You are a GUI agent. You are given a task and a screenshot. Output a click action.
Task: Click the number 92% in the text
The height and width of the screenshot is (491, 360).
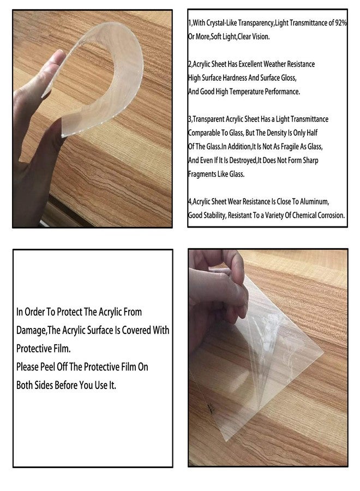coord(341,23)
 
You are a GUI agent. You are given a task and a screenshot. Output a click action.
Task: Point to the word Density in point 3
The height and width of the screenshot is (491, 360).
coord(277,133)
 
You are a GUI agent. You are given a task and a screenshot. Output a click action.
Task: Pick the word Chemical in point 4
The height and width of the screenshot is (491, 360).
coord(304,215)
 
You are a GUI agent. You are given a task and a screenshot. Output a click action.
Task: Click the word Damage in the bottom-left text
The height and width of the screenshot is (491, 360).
coord(31,331)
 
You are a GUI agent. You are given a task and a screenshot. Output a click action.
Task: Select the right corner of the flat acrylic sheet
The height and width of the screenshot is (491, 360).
coord(323,353)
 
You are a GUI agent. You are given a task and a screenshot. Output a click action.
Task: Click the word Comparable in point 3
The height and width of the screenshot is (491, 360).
coord(203,133)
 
